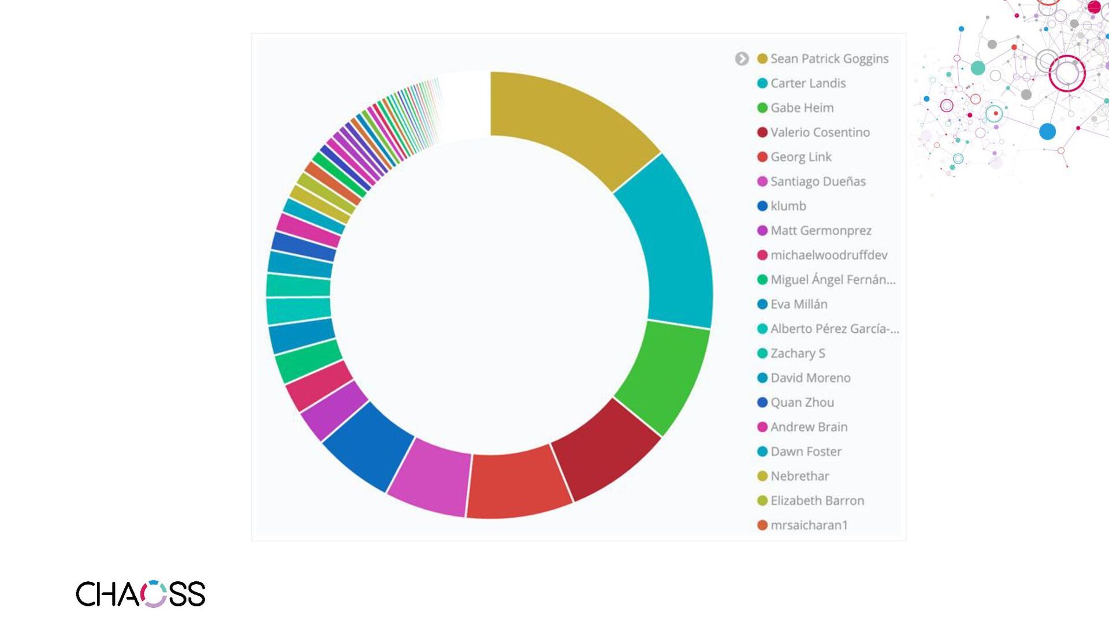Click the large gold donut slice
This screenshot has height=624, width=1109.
[x=569, y=124]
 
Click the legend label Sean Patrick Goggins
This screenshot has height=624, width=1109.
[x=829, y=59]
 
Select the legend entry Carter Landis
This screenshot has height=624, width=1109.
[x=807, y=83]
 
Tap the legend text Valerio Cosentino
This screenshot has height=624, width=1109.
[x=820, y=132]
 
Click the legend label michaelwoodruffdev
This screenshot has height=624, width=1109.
[x=828, y=255]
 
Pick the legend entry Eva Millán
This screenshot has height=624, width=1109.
[x=798, y=304]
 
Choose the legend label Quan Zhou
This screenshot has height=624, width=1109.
[x=802, y=403]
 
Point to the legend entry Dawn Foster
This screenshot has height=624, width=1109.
[x=805, y=452]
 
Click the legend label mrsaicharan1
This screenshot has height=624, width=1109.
[x=809, y=525]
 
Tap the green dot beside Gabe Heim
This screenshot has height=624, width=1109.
[x=762, y=108]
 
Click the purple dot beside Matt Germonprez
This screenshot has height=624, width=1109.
[x=762, y=231]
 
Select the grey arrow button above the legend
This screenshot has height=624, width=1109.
[x=742, y=59]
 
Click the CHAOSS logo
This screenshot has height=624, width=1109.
[x=140, y=594]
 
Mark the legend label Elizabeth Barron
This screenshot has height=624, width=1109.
[x=817, y=501]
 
